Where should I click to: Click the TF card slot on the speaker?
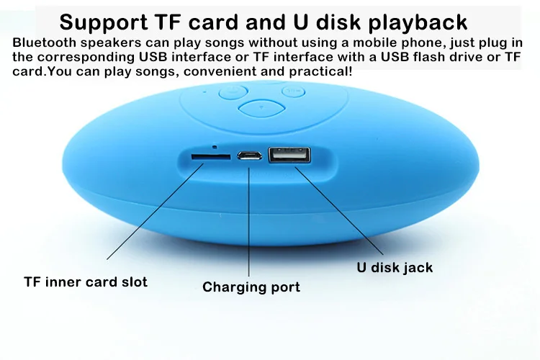(x=210, y=155)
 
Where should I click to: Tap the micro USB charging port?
(x=251, y=156)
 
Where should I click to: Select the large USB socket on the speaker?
(x=289, y=156)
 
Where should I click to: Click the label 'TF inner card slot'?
(x=86, y=282)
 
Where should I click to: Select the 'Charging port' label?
(x=251, y=287)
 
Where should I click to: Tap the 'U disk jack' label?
(x=395, y=268)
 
